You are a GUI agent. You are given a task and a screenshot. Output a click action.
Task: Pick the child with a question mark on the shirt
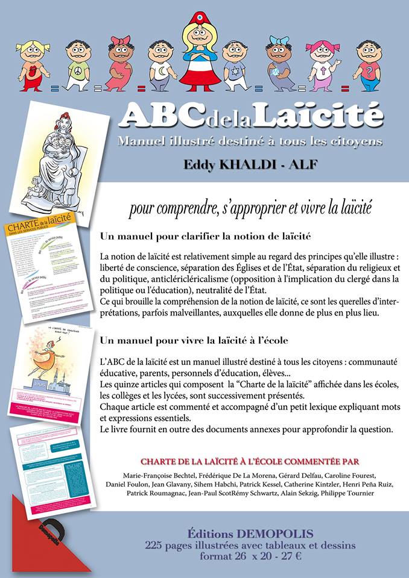coord(367,65)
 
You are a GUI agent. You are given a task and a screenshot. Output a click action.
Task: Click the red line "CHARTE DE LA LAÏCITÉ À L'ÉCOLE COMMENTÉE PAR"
coord(250,461)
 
